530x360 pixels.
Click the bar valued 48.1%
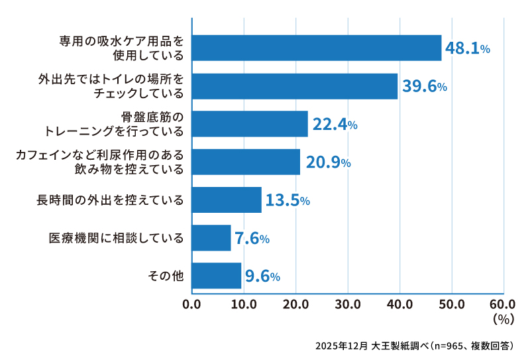pos(317,48)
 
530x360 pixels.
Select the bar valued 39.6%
pos(295,86)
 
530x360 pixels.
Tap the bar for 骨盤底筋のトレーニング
pos(250,124)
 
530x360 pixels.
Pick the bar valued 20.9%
pos(246,162)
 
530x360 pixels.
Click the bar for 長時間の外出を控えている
pos(227,200)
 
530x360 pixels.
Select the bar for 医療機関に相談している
pos(211,238)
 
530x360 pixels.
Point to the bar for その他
pos(217,276)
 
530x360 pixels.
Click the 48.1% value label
pos(467,48)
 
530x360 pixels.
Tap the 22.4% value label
pos(335,125)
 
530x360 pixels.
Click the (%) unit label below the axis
pos(504,320)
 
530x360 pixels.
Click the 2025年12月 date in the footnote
pos(341,346)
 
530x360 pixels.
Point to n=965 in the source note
pos(450,346)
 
